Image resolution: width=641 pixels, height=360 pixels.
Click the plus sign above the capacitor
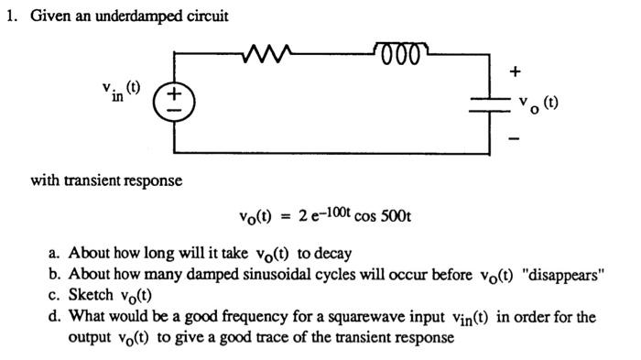(x=516, y=71)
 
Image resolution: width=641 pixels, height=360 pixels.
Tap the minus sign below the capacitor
(x=516, y=138)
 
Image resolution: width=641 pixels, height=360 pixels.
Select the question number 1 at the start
(x=10, y=16)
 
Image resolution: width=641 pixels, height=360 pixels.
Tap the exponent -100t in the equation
(x=334, y=213)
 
